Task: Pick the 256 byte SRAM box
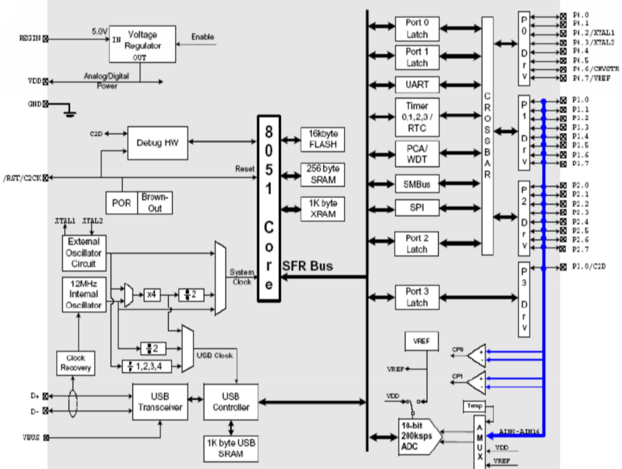pyautogui.click(x=322, y=175)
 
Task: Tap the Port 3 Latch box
pyautogui.click(x=417, y=298)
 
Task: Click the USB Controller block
pyautogui.click(x=230, y=402)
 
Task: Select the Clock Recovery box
pyautogui.click(x=75, y=363)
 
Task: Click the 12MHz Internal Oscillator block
pyautogui.click(x=84, y=293)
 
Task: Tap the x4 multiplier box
pyautogui.click(x=152, y=294)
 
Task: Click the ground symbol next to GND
pyautogui.click(x=69, y=110)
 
